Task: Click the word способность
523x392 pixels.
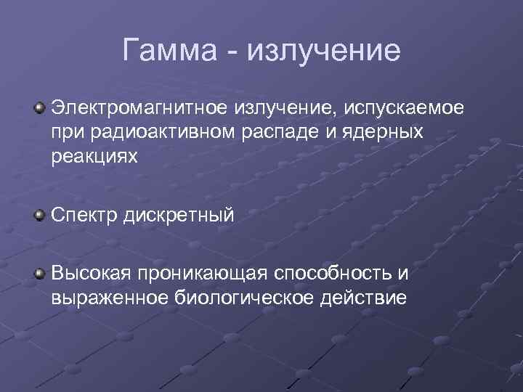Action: click(x=333, y=273)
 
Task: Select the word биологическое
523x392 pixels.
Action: click(x=232, y=298)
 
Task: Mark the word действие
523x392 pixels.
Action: click(x=358, y=298)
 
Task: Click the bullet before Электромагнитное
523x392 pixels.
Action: click(x=39, y=108)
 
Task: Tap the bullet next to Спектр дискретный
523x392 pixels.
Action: click(x=39, y=215)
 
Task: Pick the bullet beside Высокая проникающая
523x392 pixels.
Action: click(x=39, y=273)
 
